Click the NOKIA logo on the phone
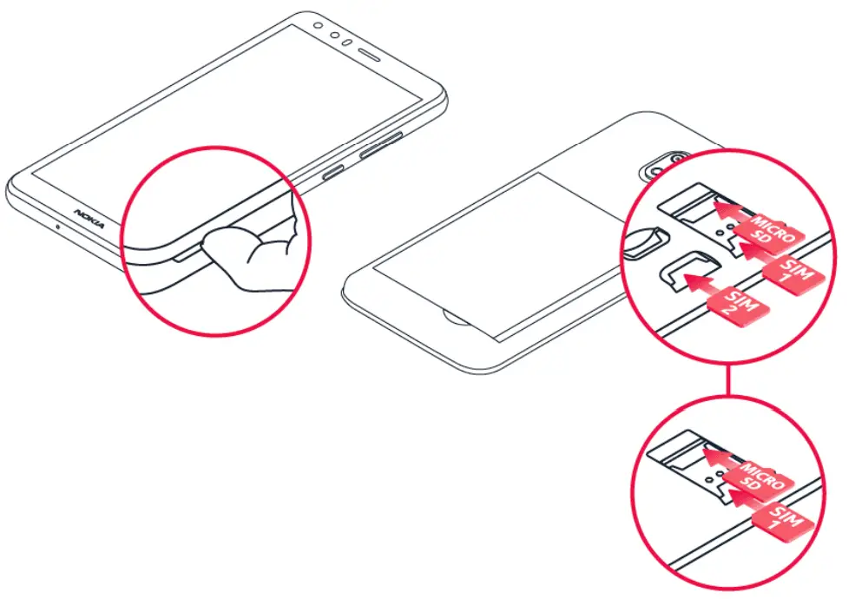[x=89, y=219]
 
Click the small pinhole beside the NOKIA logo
[x=57, y=227]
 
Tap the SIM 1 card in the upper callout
[x=793, y=277]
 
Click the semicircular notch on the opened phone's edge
[x=454, y=314]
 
